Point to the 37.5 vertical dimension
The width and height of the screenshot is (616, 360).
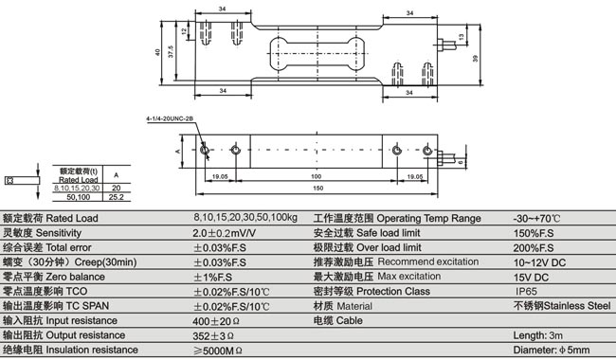pos(169,56)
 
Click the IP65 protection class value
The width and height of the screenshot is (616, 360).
pos(527,292)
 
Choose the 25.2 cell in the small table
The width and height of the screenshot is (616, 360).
pos(117,198)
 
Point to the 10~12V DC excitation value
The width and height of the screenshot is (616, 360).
pos(538,261)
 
